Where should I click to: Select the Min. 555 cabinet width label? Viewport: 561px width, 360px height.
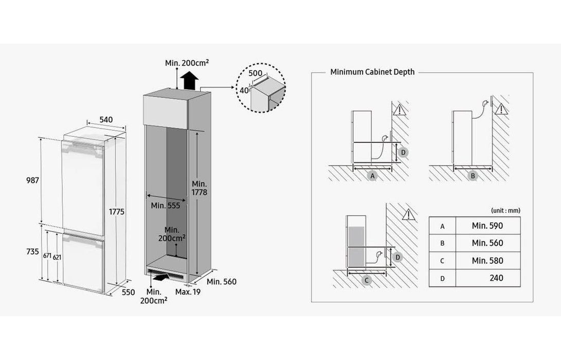(x=165, y=206)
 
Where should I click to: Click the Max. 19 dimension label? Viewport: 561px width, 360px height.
(x=187, y=292)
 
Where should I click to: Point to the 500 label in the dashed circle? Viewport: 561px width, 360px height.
(x=255, y=73)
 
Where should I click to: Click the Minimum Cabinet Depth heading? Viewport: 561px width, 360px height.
(x=372, y=72)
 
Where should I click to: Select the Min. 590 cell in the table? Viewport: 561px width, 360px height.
(x=487, y=225)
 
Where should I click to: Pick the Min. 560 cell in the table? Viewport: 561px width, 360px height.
(x=487, y=243)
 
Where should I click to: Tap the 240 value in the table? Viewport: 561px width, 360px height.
(x=497, y=278)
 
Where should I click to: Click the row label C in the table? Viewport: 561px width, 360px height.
(x=442, y=261)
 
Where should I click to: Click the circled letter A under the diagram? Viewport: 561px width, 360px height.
(x=373, y=176)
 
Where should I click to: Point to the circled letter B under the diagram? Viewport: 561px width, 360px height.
(x=473, y=176)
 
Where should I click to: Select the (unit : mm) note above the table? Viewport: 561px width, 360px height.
(x=505, y=210)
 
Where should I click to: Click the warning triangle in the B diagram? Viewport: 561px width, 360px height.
(x=502, y=109)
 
